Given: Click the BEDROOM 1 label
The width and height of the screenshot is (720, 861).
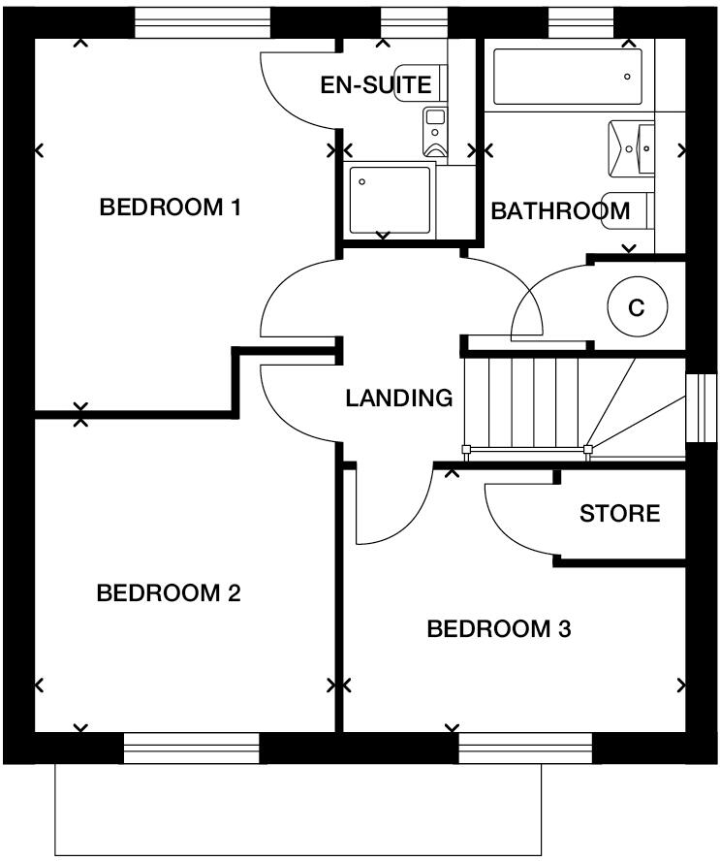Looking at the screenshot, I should [x=171, y=207].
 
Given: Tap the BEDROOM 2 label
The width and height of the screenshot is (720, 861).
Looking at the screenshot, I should [x=169, y=593].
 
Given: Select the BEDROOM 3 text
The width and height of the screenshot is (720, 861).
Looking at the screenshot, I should [x=499, y=630].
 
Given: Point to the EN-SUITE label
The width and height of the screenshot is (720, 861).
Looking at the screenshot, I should [x=376, y=85].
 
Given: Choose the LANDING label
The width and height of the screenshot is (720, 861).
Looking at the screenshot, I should [x=399, y=398].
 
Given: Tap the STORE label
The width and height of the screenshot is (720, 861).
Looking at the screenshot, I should [x=619, y=513].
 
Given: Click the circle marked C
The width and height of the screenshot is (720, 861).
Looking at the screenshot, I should [x=637, y=308].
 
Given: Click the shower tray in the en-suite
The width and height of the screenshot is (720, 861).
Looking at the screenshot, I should [x=390, y=200].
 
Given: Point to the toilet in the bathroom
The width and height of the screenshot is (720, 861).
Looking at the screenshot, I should [x=625, y=209].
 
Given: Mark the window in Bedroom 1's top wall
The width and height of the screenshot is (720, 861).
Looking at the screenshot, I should [x=202, y=22].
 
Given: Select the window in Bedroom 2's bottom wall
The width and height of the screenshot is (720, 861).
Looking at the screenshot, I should [x=192, y=749].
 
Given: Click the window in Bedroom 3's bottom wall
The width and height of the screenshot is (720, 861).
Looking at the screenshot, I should [x=524, y=749].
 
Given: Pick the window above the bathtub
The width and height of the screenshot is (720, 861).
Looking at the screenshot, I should [x=580, y=22].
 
